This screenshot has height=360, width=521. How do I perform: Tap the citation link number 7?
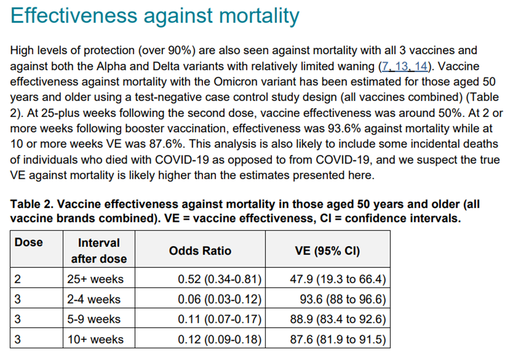[385, 66]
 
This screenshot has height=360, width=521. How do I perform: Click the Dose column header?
[29, 242]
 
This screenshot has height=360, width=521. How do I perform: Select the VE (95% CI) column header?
[327, 251]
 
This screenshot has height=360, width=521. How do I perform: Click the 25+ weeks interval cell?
[94, 278]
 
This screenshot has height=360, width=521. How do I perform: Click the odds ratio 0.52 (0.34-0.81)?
[220, 278]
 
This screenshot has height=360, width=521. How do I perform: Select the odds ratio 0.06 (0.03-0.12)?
[220, 299]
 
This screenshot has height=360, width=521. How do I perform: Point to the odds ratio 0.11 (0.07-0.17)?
[220, 319]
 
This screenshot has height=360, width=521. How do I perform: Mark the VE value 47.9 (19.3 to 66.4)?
[338, 278]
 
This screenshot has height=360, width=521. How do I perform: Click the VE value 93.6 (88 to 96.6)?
[342, 299]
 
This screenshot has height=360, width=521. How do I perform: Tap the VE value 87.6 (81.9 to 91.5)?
[338, 339]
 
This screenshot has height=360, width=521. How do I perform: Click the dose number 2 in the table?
[18, 278]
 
